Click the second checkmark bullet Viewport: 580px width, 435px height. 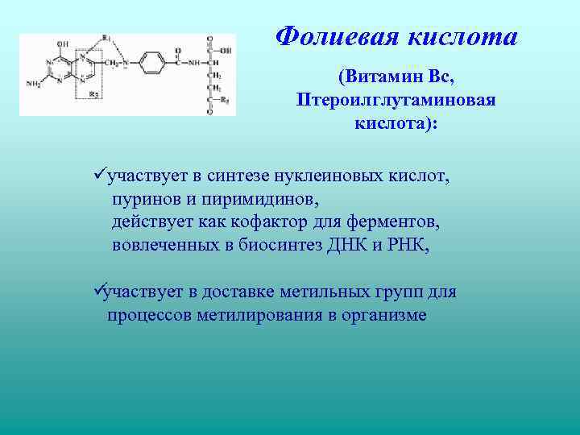pos(99,291)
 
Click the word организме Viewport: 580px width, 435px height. pos(380,315)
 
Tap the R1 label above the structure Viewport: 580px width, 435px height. pos(106,39)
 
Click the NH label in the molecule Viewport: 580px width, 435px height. pos(193,61)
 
